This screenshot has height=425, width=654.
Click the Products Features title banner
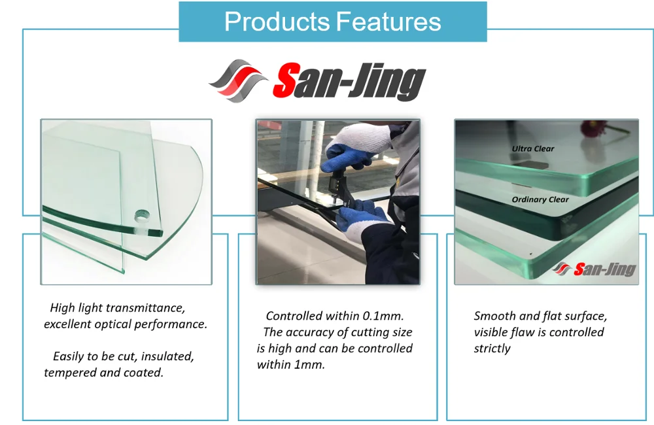click(x=333, y=22)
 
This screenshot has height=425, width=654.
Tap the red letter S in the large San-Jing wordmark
click(x=287, y=80)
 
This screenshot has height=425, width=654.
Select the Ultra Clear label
click(x=533, y=148)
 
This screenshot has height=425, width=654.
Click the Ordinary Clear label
click(x=540, y=200)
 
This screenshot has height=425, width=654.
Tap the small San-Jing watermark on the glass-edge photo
click(x=594, y=269)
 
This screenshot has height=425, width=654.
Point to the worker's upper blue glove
click(x=349, y=151)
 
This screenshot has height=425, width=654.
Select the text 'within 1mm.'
click(x=291, y=365)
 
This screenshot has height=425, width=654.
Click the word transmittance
click(x=146, y=308)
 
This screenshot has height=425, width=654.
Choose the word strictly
click(x=492, y=348)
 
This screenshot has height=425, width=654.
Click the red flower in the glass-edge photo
click(x=594, y=126)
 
